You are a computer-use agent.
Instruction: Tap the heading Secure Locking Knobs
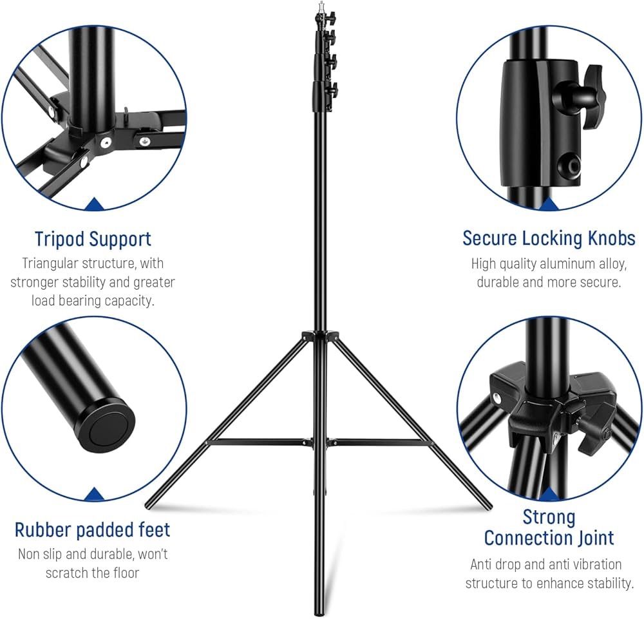pos(549,238)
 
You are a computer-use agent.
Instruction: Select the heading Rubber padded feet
pos(92,530)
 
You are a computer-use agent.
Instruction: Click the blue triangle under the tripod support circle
pos(95,204)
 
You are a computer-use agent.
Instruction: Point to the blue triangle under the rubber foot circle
pos(95,494)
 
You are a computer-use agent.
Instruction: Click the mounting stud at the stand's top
pos(321,7)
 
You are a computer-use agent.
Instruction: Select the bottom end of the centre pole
pos(319,612)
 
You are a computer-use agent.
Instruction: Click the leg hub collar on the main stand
pos(320,336)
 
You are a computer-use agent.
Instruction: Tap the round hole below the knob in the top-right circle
pos(569,164)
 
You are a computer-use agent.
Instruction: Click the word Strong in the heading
pos(549,517)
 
